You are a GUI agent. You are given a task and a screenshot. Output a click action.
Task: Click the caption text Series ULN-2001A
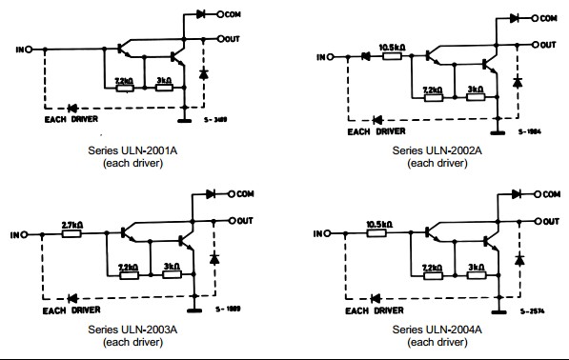point(122,150)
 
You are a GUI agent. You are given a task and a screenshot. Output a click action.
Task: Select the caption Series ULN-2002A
point(437,150)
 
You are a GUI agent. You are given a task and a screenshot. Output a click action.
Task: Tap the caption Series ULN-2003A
point(122,330)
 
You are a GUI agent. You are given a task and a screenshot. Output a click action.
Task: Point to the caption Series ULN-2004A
point(437,330)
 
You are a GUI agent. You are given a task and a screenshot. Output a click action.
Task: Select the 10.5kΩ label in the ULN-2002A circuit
point(394,48)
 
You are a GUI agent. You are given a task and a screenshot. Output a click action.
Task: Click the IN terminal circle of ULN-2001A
point(29,49)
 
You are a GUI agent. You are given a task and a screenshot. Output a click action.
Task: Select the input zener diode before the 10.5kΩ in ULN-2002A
point(364,56)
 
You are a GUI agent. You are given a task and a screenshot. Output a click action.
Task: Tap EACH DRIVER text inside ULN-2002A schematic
point(375,130)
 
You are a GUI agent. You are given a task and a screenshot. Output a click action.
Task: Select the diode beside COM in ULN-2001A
point(201,15)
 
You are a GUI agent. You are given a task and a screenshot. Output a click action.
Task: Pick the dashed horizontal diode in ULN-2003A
point(71,296)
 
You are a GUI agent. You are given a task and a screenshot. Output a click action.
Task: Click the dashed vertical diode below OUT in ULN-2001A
point(202,73)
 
